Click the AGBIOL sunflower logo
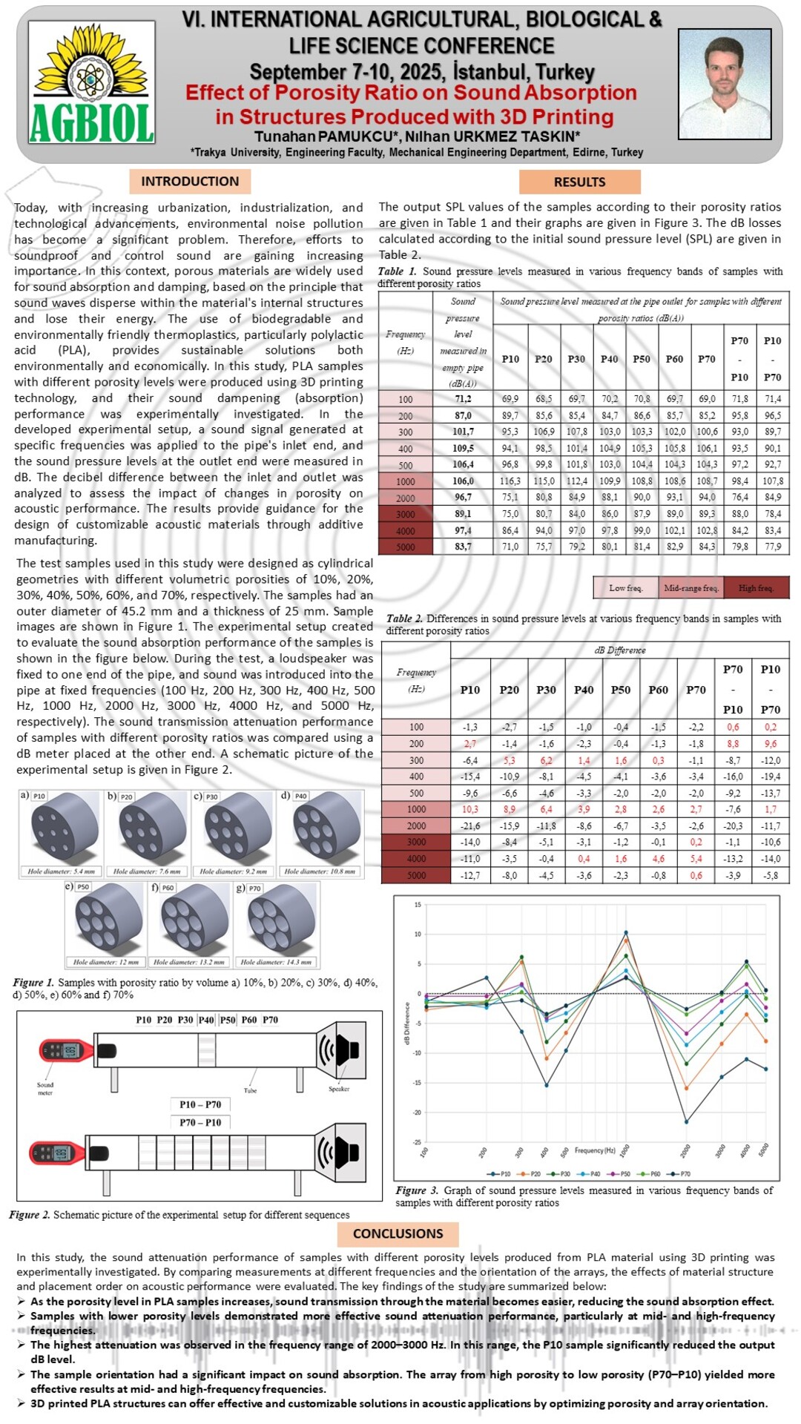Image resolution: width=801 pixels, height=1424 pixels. click(x=91, y=82)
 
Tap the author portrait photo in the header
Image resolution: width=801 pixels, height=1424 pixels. click(x=725, y=83)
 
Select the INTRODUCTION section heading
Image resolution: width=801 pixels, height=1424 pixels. click(x=190, y=181)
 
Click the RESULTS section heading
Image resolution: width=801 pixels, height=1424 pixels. click(x=579, y=182)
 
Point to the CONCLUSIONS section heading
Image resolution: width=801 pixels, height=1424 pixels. click(x=398, y=1233)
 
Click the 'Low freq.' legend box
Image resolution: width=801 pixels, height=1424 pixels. click(x=625, y=587)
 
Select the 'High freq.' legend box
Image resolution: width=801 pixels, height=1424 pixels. click(x=756, y=587)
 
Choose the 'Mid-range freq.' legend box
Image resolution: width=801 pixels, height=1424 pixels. click(x=690, y=587)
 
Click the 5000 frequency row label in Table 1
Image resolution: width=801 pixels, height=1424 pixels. click(x=405, y=547)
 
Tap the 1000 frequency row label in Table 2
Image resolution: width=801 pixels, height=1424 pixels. click(x=416, y=809)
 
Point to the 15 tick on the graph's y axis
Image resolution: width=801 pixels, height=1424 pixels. click(x=418, y=905)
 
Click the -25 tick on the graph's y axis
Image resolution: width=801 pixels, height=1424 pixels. click(x=417, y=1142)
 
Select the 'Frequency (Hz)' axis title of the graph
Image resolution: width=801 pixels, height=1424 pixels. click(x=595, y=1150)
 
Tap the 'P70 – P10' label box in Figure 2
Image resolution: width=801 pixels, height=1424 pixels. click(x=200, y=1122)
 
